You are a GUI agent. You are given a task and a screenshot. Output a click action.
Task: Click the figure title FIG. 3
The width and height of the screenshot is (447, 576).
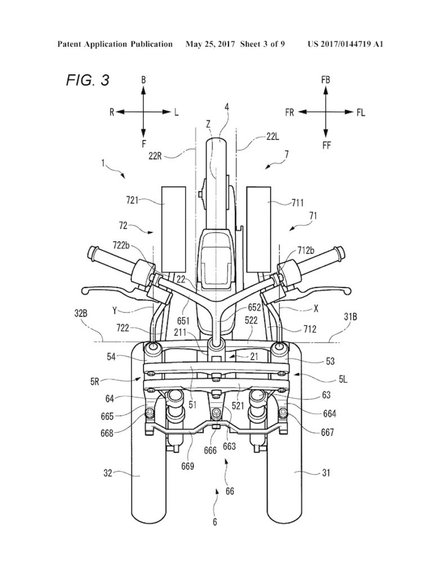pos(87,80)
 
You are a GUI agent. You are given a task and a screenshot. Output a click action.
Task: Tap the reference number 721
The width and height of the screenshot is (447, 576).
pos(132,200)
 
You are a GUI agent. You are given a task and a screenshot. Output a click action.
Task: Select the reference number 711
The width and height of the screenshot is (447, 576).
pos(297,202)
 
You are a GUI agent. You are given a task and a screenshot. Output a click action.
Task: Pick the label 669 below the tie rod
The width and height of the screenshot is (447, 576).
pos(187,466)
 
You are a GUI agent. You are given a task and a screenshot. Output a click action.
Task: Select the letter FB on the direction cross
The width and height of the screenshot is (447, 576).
pos(325,80)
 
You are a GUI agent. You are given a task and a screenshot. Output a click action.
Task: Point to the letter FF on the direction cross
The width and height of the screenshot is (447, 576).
pos(326,146)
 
